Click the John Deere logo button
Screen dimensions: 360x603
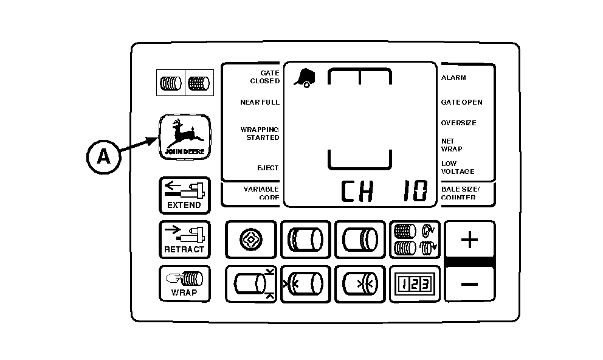tap(185, 137)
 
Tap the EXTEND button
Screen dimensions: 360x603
tap(184, 195)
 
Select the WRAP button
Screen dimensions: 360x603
tap(184, 284)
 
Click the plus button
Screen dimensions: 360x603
tap(469, 239)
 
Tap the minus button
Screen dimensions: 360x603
tap(469, 284)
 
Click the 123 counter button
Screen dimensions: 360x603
tap(415, 284)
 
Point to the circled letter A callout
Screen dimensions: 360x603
tap(104, 157)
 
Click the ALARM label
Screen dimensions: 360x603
tap(453, 78)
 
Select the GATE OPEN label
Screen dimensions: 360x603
tap(461, 102)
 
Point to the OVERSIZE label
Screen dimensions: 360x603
tap(458, 123)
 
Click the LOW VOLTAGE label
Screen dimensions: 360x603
tap(457, 168)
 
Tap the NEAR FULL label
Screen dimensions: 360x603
tap(260, 102)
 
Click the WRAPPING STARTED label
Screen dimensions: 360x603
tap(260, 134)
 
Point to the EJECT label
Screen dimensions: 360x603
tap(267, 168)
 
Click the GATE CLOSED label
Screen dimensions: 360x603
tap(265, 77)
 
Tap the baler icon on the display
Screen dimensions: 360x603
tap(305, 77)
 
